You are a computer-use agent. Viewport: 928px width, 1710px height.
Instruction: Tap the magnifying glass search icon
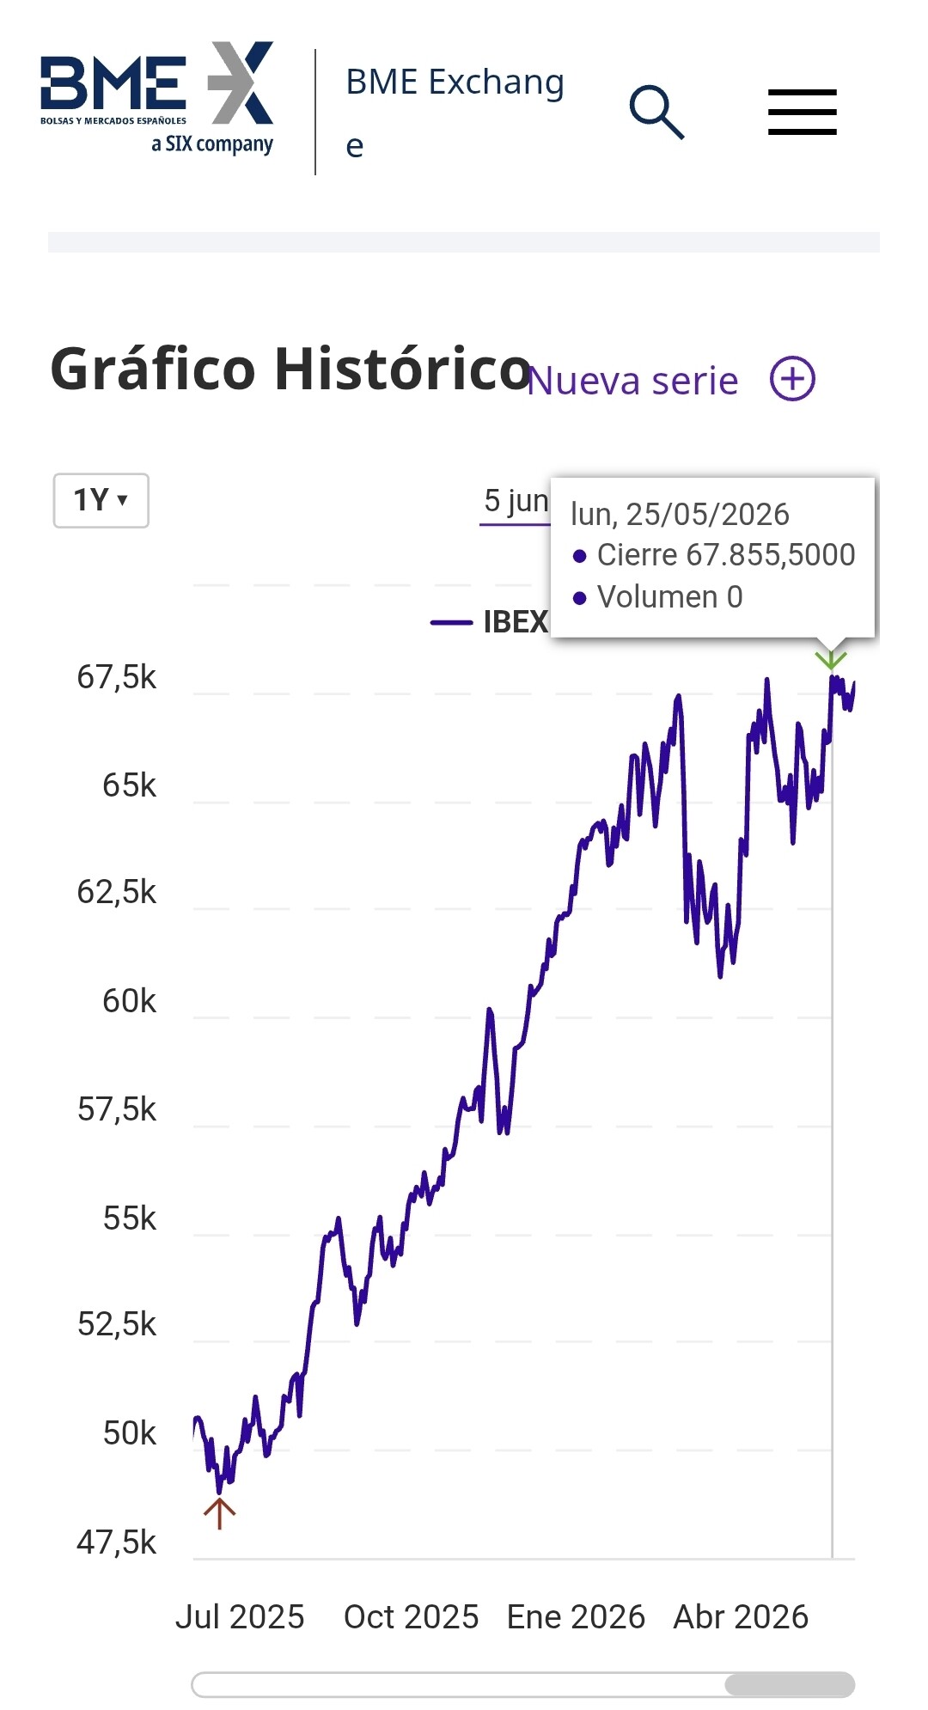pyautogui.click(x=657, y=112)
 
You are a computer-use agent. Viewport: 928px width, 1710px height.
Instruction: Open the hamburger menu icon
pyautogui.click(x=803, y=112)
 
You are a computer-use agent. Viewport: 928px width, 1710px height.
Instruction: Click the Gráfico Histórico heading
pyautogui.click(x=291, y=369)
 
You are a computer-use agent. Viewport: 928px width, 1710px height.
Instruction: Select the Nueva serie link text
pyautogui.click(x=632, y=381)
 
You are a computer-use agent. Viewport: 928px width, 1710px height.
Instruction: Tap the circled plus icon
pyautogui.click(x=792, y=379)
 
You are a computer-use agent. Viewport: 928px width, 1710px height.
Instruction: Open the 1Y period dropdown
pyautogui.click(x=101, y=500)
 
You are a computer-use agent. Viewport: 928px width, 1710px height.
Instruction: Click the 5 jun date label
pyautogui.click(x=516, y=500)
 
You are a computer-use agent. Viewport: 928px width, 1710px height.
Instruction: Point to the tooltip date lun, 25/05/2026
pyautogui.click(x=680, y=514)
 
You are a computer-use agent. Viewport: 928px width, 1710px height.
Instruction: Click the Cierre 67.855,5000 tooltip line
pyautogui.click(x=714, y=555)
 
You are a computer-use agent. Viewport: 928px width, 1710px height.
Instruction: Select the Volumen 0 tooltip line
pyautogui.click(x=658, y=596)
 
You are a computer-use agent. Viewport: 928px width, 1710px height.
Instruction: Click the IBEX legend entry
pyautogui.click(x=489, y=621)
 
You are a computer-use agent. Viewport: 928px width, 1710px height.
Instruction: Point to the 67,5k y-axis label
pyautogui.click(x=117, y=677)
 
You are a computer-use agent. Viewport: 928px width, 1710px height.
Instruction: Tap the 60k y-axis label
pyautogui.click(x=130, y=1001)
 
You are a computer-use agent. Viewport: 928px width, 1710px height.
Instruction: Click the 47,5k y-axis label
pyautogui.click(x=117, y=1542)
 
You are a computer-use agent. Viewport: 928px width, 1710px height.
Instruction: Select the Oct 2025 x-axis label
pyautogui.click(x=411, y=1617)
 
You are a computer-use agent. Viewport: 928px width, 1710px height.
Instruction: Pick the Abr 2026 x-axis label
pyautogui.click(x=741, y=1617)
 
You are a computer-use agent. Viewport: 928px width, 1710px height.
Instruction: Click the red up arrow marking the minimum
pyautogui.click(x=220, y=1513)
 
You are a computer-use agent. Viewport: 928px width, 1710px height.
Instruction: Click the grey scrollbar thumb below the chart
pyautogui.click(x=790, y=1684)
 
